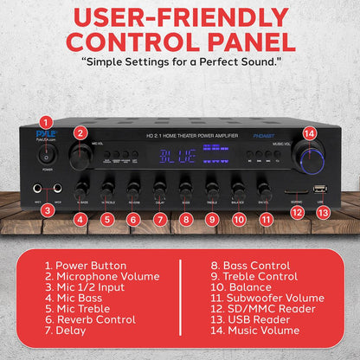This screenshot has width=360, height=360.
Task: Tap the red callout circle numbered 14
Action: click(x=310, y=133)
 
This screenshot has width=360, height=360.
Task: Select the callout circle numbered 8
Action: click(x=185, y=219)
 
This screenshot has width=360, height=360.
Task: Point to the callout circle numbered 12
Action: click(x=297, y=211)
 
